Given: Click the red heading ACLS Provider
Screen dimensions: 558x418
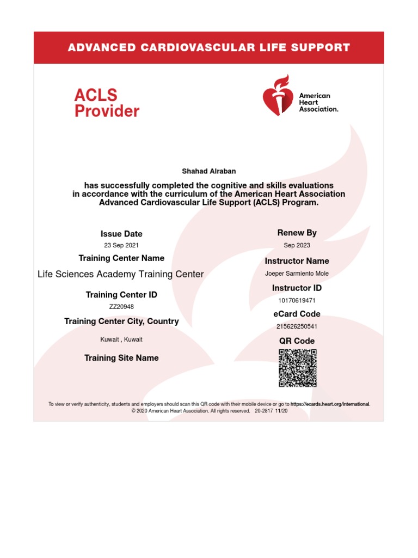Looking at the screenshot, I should [x=107, y=104].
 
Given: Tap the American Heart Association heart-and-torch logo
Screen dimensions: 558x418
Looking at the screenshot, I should [x=278, y=98].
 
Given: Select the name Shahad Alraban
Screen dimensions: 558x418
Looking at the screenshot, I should [x=208, y=171].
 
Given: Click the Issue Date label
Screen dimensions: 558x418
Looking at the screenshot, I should [x=121, y=234].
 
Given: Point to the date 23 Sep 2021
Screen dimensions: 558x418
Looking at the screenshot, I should [x=121, y=245].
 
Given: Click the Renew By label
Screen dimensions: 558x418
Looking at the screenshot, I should [x=297, y=233].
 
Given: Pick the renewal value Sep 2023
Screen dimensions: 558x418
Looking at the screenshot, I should [x=297, y=245].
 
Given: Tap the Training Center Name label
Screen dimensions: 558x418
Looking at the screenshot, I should [x=121, y=258].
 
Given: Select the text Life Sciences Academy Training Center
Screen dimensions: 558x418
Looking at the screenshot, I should [x=120, y=274].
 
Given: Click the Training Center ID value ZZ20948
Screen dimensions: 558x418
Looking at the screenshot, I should [x=121, y=306].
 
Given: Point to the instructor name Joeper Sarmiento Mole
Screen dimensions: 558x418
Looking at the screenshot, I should [x=297, y=274].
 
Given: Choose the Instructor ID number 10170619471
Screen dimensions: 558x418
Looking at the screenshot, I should [x=297, y=300].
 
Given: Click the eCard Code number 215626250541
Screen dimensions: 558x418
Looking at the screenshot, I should [x=297, y=326].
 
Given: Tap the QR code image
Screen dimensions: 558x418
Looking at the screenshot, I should [x=297, y=368].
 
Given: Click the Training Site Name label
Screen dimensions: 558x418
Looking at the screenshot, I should [x=121, y=358].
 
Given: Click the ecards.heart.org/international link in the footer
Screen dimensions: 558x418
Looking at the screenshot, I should [x=330, y=404].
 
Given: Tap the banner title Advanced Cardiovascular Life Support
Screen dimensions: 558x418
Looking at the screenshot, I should [x=208, y=47].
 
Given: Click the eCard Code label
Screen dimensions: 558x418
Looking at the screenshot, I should [x=297, y=314].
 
